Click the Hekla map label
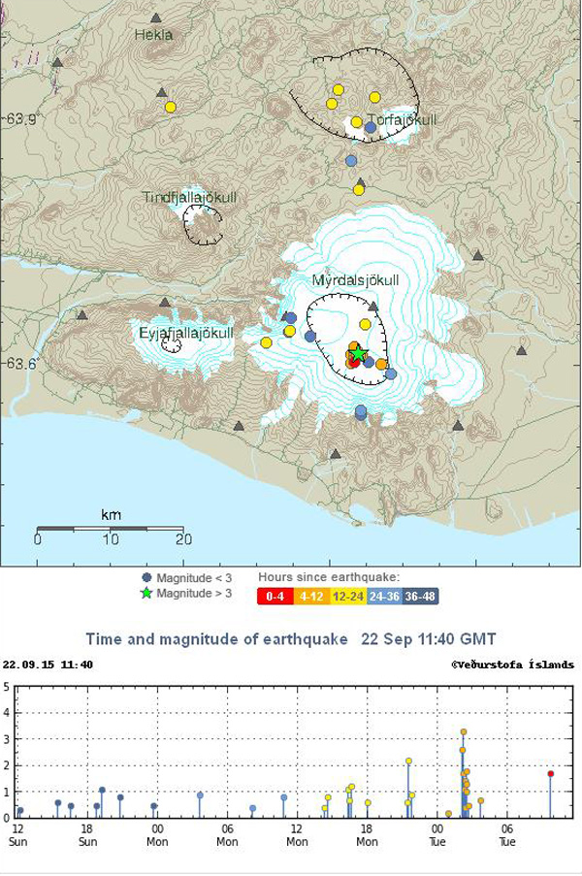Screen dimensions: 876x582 (153, 35)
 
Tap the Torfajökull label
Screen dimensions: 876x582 (402, 120)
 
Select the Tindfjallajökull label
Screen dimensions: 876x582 (189, 198)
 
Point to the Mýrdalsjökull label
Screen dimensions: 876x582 (355, 280)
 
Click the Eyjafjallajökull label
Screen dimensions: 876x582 (186, 334)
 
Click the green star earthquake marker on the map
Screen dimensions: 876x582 (358, 355)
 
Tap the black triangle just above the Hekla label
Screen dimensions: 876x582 (155, 17)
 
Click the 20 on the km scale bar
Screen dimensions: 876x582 (181, 539)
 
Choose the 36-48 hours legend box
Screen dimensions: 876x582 (421, 597)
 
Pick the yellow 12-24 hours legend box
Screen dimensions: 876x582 (346, 597)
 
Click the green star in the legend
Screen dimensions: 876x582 (146, 594)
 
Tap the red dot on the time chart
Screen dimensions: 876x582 (550, 773)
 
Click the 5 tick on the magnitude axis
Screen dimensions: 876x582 (7, 687)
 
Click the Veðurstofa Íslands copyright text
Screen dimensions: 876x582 (512, 665)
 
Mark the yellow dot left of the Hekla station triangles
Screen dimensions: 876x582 (171, 107)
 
